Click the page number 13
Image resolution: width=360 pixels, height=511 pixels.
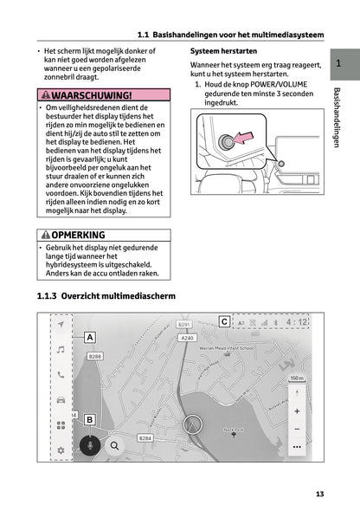click(x=319, y=495)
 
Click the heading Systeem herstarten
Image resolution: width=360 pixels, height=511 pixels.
click(x=222, y=53)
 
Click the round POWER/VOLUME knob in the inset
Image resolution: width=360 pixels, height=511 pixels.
click(x=228, y=142)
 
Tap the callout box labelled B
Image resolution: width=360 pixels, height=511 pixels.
click(x=89, y=420)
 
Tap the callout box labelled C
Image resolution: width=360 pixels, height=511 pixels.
click(x=224, y=322)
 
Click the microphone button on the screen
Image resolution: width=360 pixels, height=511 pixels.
click(x=89, y=445)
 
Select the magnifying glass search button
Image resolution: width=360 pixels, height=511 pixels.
click(x=113, y=445)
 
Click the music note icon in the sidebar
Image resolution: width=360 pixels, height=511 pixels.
click(x=61, y=349)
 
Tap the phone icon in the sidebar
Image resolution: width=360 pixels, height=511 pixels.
click(x=61, y=375)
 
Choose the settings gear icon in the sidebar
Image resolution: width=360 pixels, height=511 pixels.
click(x=61, y=450)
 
